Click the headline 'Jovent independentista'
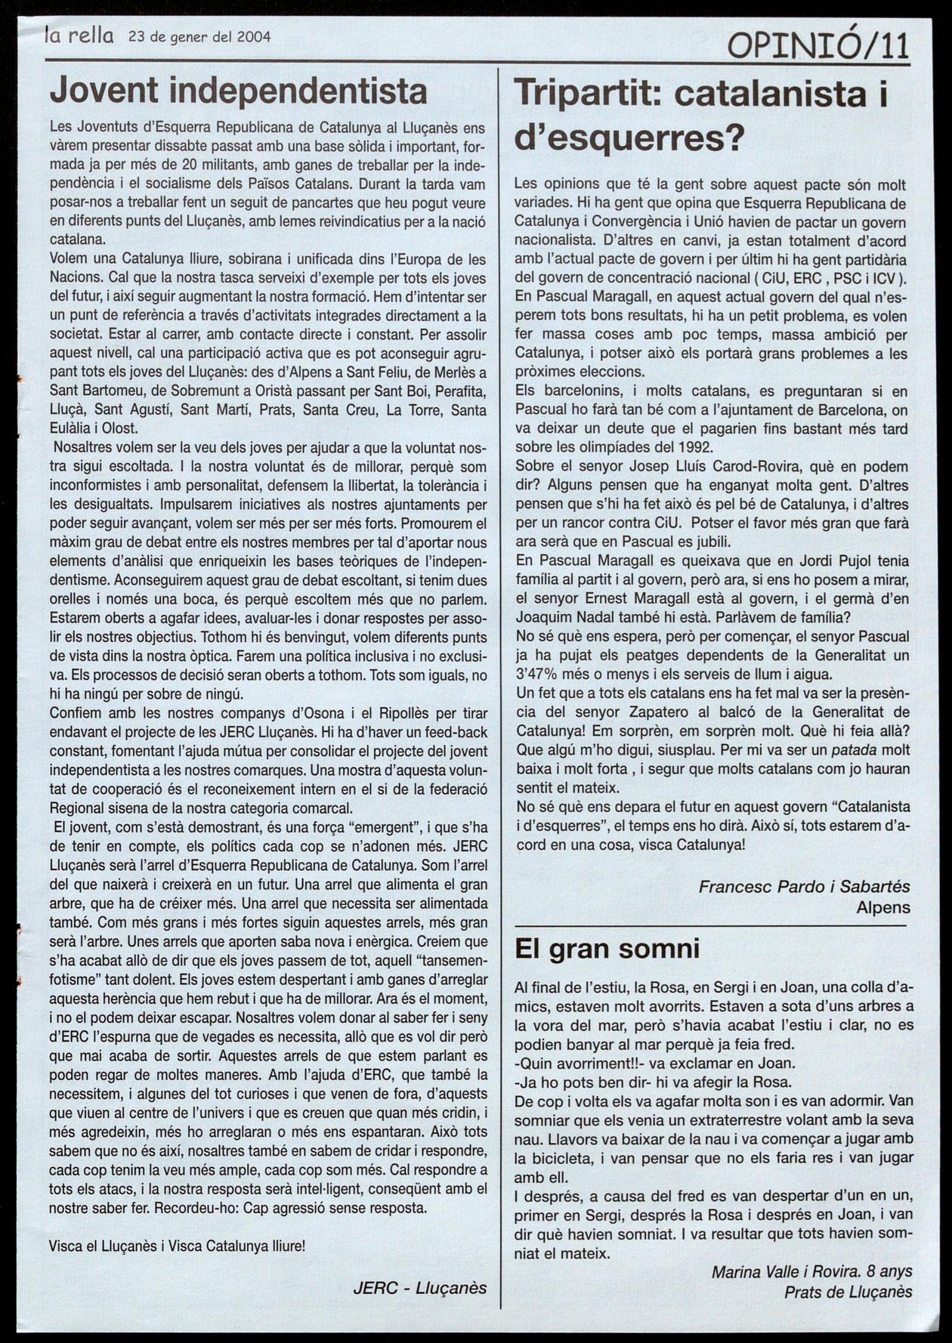[x=239, y=91]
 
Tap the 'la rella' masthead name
[x=79, y=35]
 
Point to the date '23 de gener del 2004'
[x=199, y=36]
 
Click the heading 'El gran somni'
[x=607, y=948]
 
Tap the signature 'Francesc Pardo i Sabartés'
[x=804, y=886]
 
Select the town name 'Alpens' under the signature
[x=882, y=907]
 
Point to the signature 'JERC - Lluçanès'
[x=419, y=1288]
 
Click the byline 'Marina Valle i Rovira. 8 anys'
[x=811, y=1272]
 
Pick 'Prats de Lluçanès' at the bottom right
[x=848, y=1292]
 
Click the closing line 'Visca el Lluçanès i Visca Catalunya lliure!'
[x=178, y=1246]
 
